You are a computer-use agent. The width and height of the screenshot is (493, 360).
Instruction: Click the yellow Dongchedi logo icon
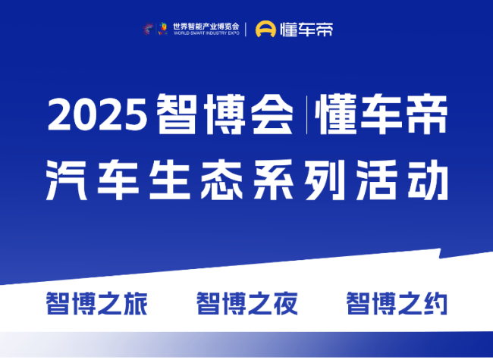pyautogui.click(x=265, y=29)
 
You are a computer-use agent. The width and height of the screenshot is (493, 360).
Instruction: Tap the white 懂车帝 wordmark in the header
pyautogui.click(x=306, y=30)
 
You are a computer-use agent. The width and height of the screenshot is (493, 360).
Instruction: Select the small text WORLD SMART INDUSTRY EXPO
pyautogui.click(x=206, y=33)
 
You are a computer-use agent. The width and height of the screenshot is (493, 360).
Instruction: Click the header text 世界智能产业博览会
pyautogui.click(x=206, y=27)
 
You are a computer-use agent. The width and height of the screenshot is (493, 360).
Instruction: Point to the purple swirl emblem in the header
pyautogui.click(x=148, y=29)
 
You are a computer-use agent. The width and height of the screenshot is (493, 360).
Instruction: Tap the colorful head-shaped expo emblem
pyautogui.click(x=163, y=29)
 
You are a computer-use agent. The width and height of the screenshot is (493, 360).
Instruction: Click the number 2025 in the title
pyautogui.click(x=98, y=114)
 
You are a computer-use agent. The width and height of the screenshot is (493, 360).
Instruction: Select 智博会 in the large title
pyautogui.click(x=225, y=114)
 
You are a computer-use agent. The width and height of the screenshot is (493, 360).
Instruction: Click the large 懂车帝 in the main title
pyautogui.click(x=381, y=114)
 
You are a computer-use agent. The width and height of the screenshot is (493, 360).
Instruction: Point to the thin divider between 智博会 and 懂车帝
pyautogui.click(x=307, y=115)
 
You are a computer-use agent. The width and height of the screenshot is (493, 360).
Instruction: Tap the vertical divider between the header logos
pyautogui.click(x=246, y=30)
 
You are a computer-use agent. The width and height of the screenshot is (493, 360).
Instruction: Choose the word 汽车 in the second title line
pyautogui.click(x=93, y=180)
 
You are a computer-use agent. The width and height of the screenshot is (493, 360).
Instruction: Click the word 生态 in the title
pyautogui.click(x=196, y=180)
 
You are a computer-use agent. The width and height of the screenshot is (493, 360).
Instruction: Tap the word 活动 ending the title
pyautogui.click(x=403, y=180)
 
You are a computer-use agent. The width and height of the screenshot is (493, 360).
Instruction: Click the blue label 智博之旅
pyautogui.click(x=97, y=303)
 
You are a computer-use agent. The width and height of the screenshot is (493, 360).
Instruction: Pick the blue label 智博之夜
pyautogui.click(x=247, y=303)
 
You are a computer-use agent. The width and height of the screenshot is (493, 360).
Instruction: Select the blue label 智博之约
pyautogui.click(x=397, y=303)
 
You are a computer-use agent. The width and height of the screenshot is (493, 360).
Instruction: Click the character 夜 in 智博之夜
pyautogui.click(x=285, y=303)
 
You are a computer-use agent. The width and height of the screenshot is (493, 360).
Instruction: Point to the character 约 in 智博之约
pyautogui.click(x=435, y=303)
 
